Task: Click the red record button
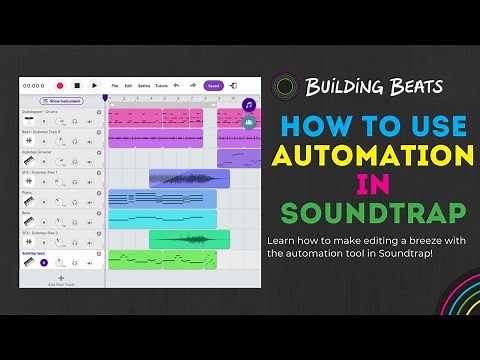pos(60,86)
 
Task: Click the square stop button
pos(77,86)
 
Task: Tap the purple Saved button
pos(213,86)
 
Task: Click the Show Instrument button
pos(61,101)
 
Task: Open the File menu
pos(115,86)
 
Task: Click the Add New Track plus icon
pos(60,277)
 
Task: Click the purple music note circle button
pos(248,104)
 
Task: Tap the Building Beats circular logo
pos(286,86)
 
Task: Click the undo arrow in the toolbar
pos(177,86)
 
